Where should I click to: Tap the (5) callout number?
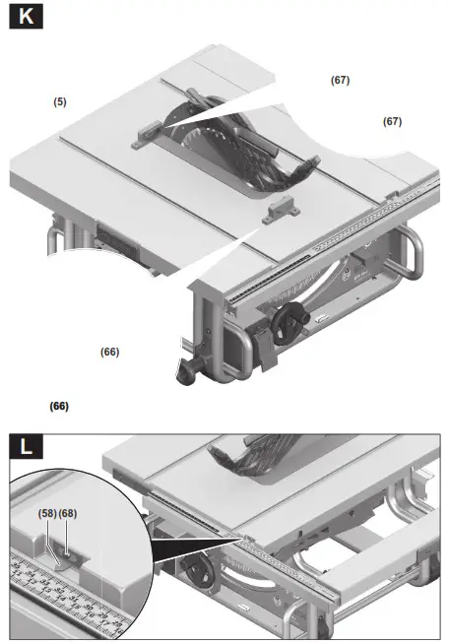point(60,101)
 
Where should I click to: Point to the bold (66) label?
point(59,406)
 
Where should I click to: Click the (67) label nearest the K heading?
point(340,80)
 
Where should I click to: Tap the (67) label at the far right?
point(392,121)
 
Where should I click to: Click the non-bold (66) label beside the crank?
point(109,351)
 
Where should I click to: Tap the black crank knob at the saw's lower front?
point(184,373)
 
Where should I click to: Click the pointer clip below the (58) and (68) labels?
point(61,552)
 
